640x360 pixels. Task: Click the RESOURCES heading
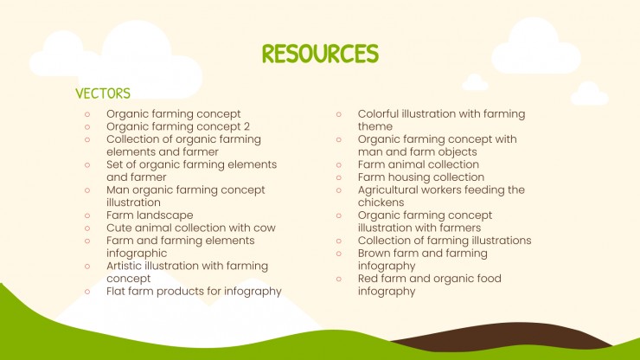pos(320,54)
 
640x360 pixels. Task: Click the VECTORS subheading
pos(103,93)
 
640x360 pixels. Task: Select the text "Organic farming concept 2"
pos(178,126)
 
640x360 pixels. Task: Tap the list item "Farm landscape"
pos(150,215)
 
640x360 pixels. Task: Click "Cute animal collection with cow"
pos(191,228)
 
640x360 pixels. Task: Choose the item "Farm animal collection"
pos(419,164)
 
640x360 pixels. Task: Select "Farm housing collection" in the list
pos(421,177)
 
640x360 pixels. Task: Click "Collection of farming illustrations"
pos(445,241)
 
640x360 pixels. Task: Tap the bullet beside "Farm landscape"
pos(86,215)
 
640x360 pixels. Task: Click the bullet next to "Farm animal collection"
pos(338,164)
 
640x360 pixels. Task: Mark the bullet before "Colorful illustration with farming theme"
pos(338,113)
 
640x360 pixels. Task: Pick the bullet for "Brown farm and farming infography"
pos(338,254)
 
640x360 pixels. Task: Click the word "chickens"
pos(381,202)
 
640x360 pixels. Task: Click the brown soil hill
pos(484,343)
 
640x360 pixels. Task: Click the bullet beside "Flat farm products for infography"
pos(86,291)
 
